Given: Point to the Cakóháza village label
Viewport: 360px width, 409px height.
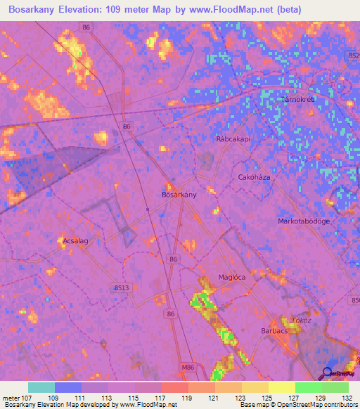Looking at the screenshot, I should coord(255,178).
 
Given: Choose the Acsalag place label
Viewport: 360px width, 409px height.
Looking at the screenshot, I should coord(75,240).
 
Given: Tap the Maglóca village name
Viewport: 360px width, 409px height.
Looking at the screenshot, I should coord(232,277).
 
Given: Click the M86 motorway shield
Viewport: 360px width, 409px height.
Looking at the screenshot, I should coord(187,367).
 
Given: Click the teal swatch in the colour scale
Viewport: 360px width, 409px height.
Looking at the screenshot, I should coord(41,387).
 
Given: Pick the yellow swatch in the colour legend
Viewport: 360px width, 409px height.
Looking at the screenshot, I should coord(282,387).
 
